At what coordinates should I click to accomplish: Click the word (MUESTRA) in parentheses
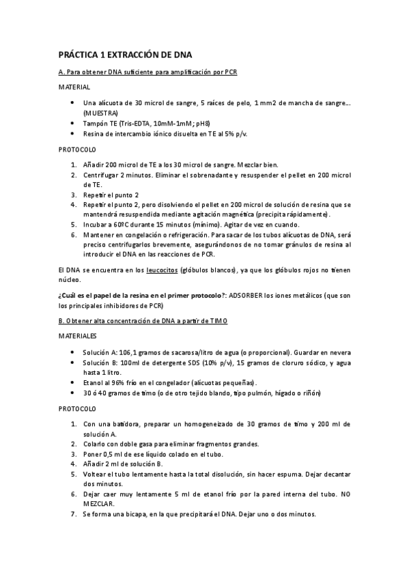click(100, 112)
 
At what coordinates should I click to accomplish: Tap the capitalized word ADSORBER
click(249, 296)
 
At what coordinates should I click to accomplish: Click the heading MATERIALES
click(78, 336)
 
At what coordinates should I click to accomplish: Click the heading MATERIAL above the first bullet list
click(74, 87)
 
